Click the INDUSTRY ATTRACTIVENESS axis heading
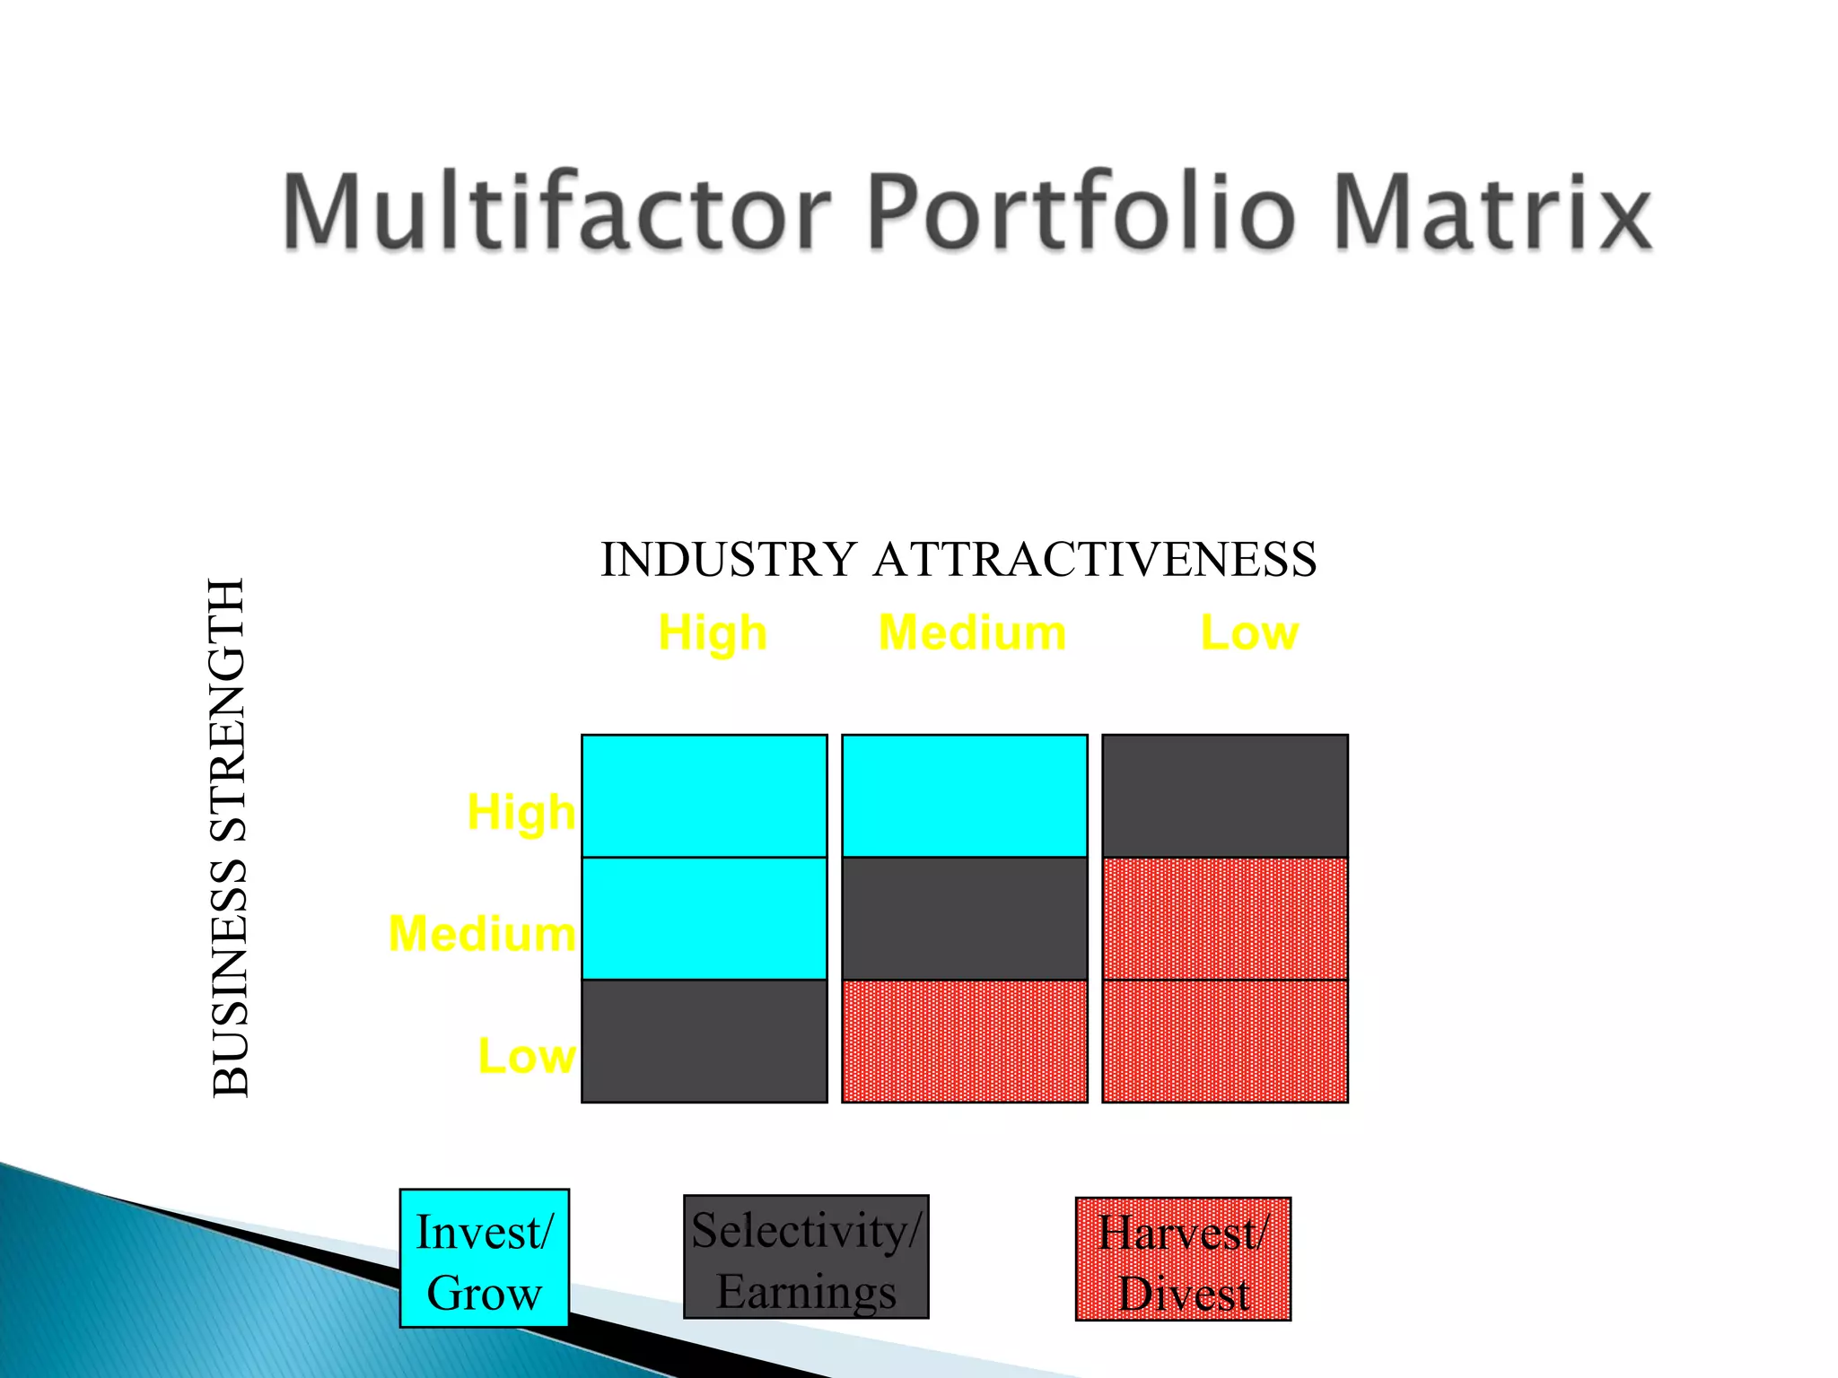958,560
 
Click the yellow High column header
713,633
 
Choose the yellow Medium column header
972,633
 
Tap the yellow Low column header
1249,633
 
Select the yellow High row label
521,813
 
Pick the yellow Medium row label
482,934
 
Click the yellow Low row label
526,1056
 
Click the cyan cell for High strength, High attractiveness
705,796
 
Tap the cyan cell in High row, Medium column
965,796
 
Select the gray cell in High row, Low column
1225,796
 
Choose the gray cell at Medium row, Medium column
965,918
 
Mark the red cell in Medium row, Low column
1225,918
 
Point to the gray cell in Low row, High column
705,1041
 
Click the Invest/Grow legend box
485,1258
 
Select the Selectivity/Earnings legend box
806,1257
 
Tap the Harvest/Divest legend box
1183,1259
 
